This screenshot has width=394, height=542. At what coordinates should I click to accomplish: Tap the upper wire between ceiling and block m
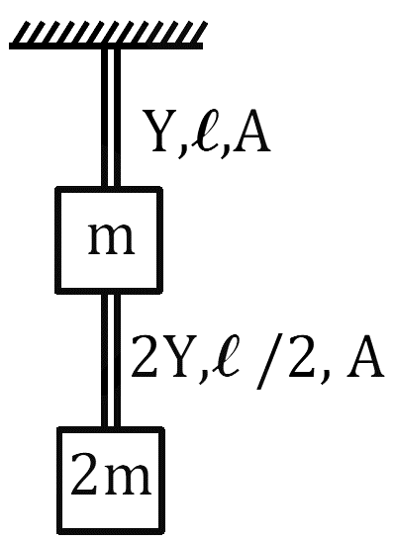[x=111, y=118]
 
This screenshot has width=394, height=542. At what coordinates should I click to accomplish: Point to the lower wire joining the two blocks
[x=111, y=361]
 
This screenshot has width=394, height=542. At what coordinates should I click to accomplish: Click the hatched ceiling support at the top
[x=107, y=35]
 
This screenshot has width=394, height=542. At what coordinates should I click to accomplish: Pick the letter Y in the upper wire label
[x=160, y=132]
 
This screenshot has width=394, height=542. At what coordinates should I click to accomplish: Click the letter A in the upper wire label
[x=250, y=132]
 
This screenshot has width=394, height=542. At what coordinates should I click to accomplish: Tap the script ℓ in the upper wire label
[x=206, y=132]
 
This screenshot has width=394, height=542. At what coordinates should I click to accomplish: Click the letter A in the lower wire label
[x=364, y=356]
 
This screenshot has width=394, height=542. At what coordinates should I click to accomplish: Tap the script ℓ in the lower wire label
[x=226, y=355]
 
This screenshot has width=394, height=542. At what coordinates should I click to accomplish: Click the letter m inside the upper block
[x=111, y=239]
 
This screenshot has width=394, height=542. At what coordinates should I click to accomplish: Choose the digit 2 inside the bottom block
[x=85, y=473]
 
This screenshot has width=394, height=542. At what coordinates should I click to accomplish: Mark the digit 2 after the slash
[x=302, y=356]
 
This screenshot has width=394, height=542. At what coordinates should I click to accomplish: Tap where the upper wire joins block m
[x=111, y=187]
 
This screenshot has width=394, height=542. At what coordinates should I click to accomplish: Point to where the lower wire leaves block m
[x=111, y=294]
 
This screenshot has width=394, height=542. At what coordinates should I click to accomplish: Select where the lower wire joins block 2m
[x=111, y=427]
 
